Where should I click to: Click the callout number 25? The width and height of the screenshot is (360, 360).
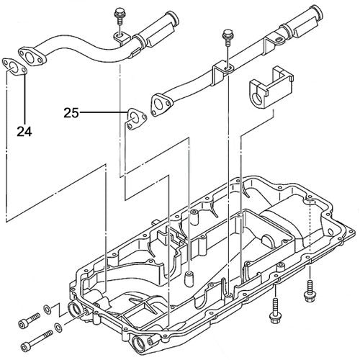tap(71, 113)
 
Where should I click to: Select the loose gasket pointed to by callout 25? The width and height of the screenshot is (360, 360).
tap(133, 118)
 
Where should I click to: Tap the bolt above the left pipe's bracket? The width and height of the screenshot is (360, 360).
tap(117, 14)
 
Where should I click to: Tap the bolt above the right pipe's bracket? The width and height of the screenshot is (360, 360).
tap(228, 35)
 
